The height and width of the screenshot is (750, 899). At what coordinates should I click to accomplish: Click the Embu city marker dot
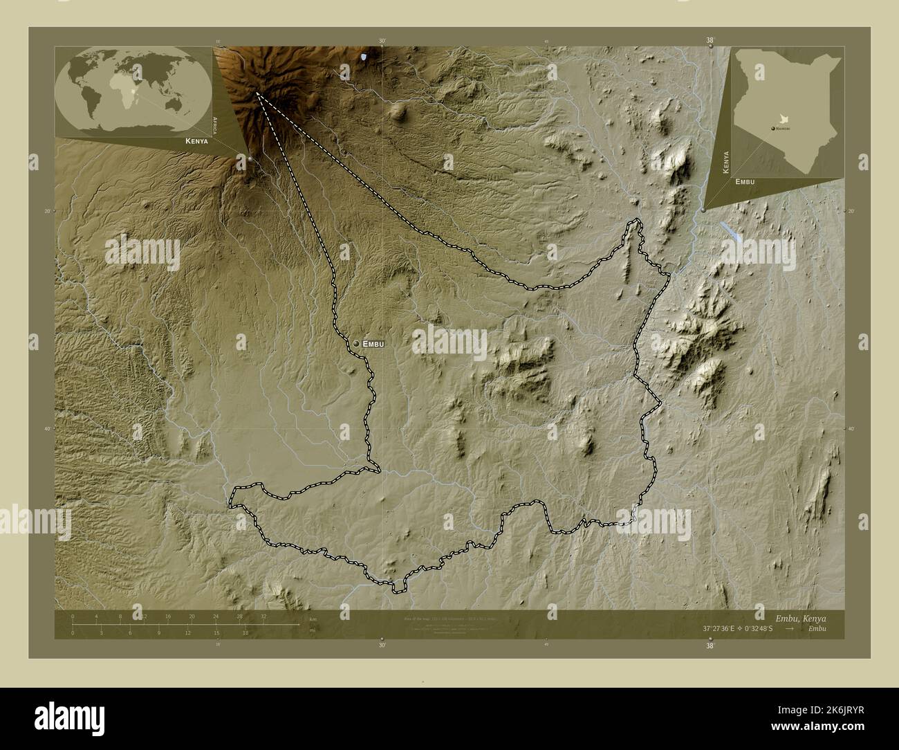pos(356,343)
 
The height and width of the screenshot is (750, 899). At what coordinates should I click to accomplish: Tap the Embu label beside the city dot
pos(373,343)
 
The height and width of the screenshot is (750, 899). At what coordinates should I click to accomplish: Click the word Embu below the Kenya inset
pos(745,181)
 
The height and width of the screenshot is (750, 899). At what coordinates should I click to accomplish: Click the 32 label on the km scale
pos(263,615)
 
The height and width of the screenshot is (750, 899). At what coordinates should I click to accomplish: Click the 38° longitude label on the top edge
pos(710,40)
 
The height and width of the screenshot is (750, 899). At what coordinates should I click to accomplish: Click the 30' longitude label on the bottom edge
pos(382,645)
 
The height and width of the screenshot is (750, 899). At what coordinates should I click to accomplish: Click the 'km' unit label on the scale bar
pos(313,619)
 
